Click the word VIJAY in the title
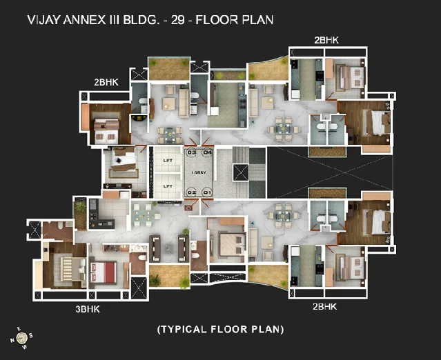click(x=42, y=20)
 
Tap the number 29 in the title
click(x=179, y=20)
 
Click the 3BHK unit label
click(x=88, y=309)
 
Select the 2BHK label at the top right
click(x=326, y=41)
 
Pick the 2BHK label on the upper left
click(x=106, y=82)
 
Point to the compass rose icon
click(x=21, y=337)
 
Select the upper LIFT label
click(x=167, y=160)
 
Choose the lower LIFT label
click(x=167, y=186)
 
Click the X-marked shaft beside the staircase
click(x=242, y=172)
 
